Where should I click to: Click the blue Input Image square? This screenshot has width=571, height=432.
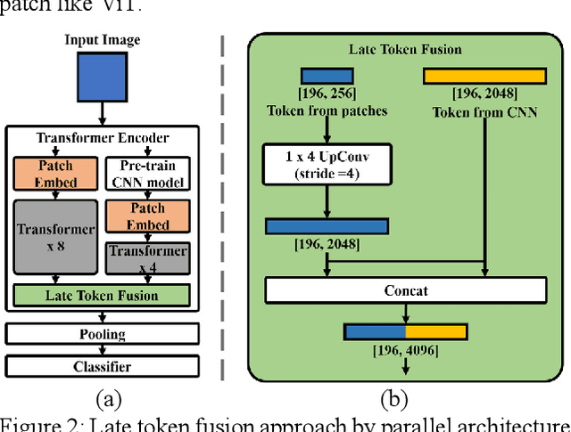[x=102, y=77]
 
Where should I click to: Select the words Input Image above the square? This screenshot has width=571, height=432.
[x=102, y=41]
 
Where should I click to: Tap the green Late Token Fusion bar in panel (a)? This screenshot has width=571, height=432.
[x=102, y=296]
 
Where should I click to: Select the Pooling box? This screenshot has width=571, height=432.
[x=102, y=334]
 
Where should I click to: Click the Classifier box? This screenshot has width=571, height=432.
[x=102, y=365]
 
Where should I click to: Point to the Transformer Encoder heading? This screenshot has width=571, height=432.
[x=101, y=138]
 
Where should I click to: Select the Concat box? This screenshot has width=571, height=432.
[x=406, y=290]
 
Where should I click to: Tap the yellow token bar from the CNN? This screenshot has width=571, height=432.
[x=483, y=77]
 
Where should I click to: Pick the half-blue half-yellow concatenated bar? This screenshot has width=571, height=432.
[x=406, y=332]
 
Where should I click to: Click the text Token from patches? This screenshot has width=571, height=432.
[x=327, y=111]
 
